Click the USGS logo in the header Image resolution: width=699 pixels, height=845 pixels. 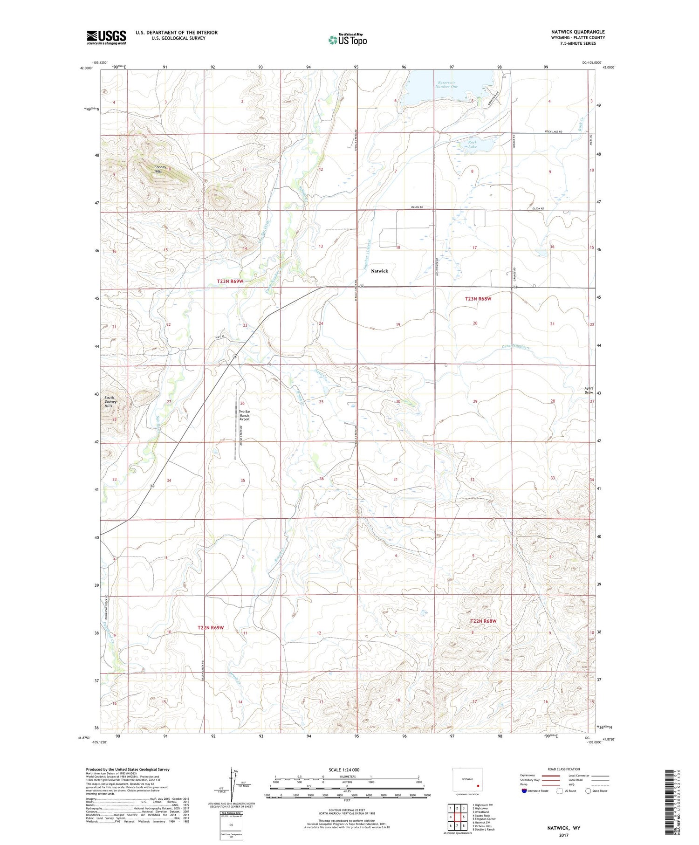click(x=106, y=37)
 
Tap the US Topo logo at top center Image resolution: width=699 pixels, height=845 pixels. click(x=348, y=40)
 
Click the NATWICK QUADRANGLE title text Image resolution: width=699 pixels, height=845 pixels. click(x=578, y=32)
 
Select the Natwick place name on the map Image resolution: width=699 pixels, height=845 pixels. click(x=379, y=271)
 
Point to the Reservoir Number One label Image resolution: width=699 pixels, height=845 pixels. click(x=446, y=84)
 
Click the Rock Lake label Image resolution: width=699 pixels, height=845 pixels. click(x=473, y=144)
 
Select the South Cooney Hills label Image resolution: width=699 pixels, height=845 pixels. click(x=110, y=402)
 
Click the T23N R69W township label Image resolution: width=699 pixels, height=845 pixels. click(x=230, y=282)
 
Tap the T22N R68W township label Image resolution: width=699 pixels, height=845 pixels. click(x=483, y=621)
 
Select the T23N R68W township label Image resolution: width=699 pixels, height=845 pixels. click(x=478, y=299)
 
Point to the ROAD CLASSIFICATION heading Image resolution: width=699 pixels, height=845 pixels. click(x=564, y=769)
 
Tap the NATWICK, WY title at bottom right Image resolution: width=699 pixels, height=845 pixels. click(x=563, y=828)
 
